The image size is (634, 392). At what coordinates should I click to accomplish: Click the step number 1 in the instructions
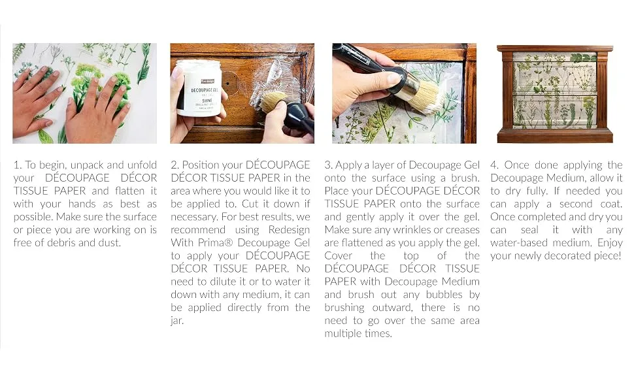(x=17, y=165)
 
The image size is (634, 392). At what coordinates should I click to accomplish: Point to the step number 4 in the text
(x=495, y=165)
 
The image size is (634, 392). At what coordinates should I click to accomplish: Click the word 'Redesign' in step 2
(x=289, y=230)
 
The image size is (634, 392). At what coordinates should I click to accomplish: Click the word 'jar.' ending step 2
(x=177, y=321)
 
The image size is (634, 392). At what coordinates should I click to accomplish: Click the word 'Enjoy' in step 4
(x=610, y=243)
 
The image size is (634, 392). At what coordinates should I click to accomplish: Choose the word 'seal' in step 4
(x=529, y=229)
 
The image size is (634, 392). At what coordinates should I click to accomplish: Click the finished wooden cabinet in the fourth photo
(x=555, y=94)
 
